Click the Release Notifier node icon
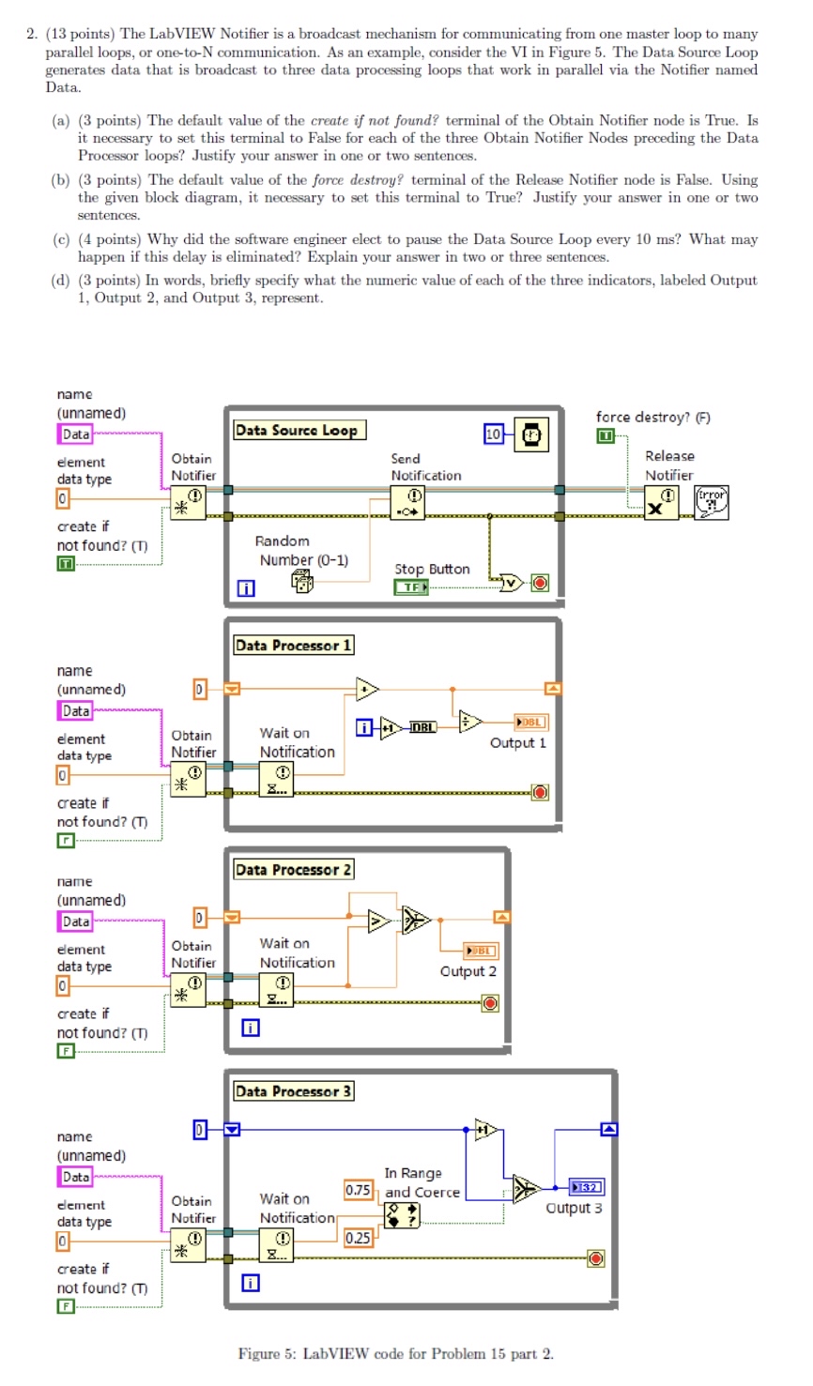point(661,503)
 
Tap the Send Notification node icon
point(408,503)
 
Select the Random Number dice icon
point(302,582)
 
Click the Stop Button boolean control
point(410,587)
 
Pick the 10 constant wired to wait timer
point(494,434)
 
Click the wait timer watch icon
point(531,434)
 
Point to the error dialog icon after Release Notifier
point(712,501)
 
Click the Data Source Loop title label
point(297,431)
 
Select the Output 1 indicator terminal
point(530,723)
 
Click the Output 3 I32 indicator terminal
point(588,1188)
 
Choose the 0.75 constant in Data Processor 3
point(358,1190)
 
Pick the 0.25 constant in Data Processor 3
point(358,1238)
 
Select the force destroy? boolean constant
point(606,436)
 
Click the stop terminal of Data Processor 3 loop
point(595,1258)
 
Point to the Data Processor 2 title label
point(293,870)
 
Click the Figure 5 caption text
point(395,1353)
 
